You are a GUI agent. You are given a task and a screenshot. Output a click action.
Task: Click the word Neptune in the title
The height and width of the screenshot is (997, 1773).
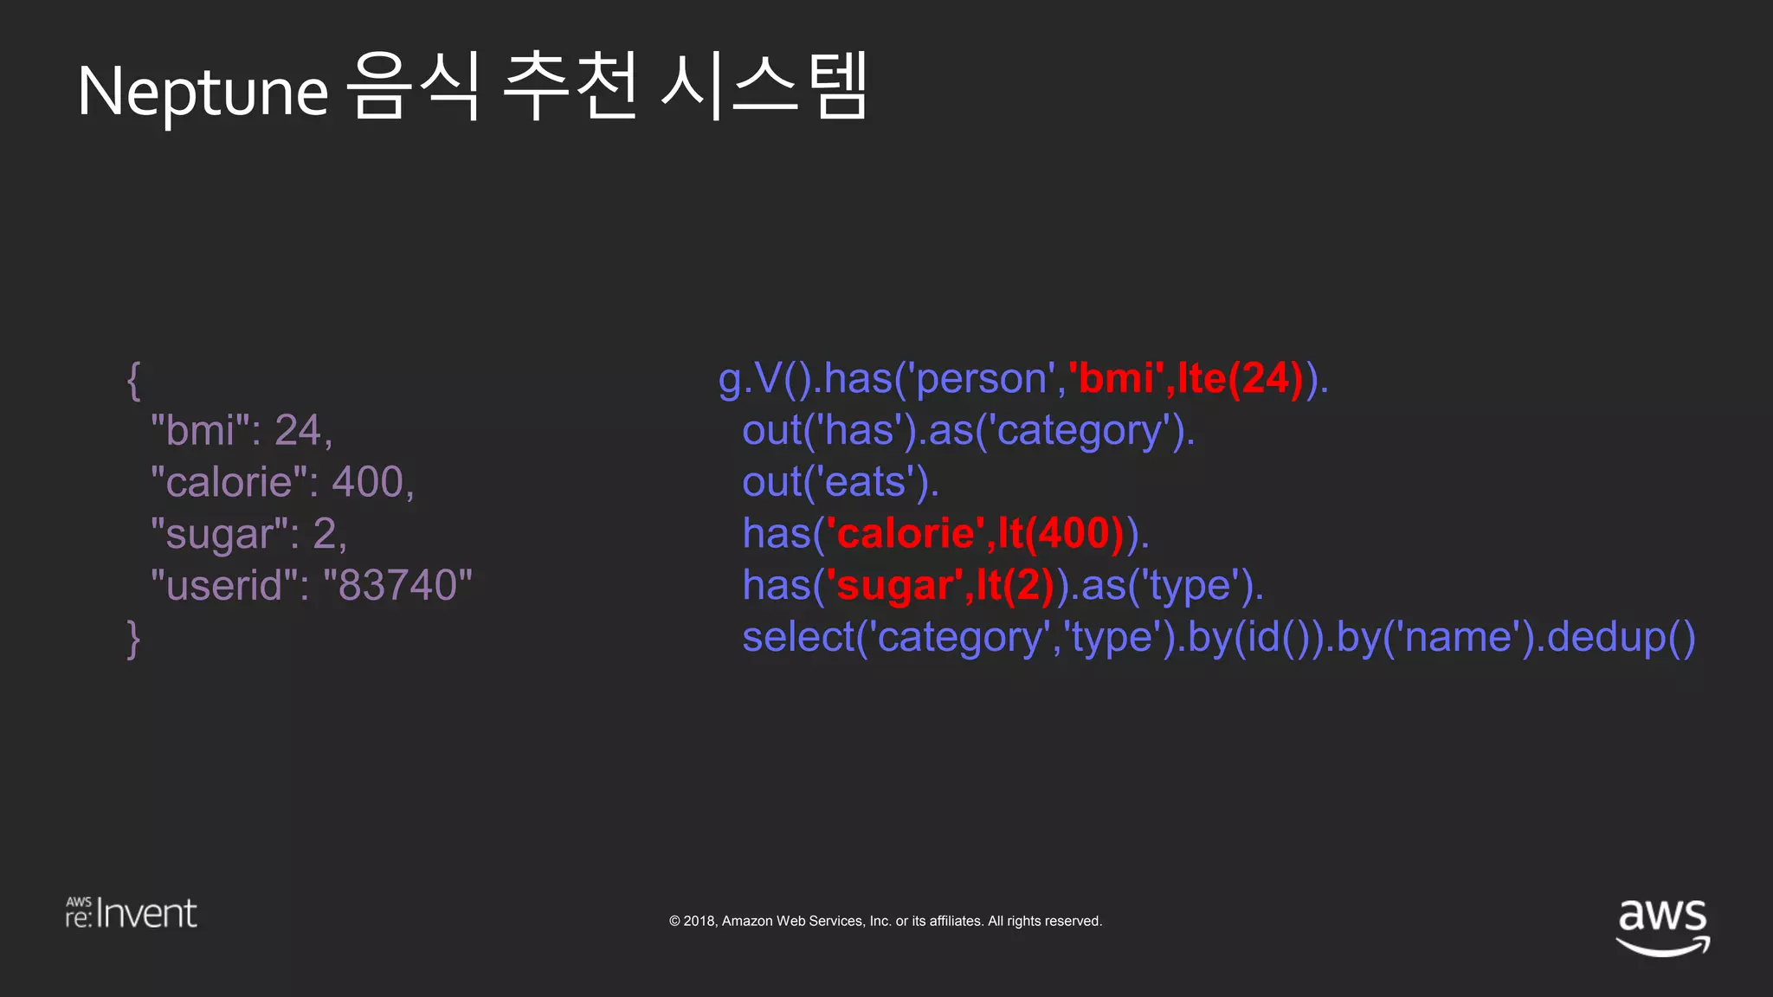pyautogui.click(x=203, y=92)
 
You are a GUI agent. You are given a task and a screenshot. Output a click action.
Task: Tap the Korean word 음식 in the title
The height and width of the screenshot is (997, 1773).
pyautogui.click(x=413, y=87)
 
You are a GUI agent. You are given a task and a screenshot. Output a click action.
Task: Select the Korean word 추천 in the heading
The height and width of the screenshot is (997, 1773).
pyautogui.click(x=570, y=87)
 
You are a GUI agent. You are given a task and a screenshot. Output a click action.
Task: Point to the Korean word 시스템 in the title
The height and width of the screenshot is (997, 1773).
pyautogui.click(x=764, y=87)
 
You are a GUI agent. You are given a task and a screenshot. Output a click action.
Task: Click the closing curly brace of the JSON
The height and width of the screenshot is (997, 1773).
pyautogui.click(x=133, y=639)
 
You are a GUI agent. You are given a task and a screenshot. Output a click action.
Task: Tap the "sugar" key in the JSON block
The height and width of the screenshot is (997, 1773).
pyautogui.click(x=220, y=534)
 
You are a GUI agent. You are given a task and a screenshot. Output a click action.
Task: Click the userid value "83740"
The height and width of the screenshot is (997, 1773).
pyautogui.click(x=397, y=586)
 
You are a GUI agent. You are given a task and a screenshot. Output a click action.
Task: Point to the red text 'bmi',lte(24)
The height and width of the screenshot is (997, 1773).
pyautogui.click(x=1186, y=378)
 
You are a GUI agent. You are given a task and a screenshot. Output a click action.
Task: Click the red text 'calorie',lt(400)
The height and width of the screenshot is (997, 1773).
pyautogui.click(x=976, y=533)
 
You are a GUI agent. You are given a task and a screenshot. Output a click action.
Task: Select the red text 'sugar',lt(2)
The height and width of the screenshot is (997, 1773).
pyautogui.click(x=940, y=585)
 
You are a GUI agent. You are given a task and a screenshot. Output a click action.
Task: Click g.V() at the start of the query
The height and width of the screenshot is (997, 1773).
pyautogui.click(x=764, y=379)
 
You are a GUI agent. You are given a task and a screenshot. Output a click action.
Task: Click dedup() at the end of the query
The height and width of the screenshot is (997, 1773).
pyautogui.click(x=1621, y=638)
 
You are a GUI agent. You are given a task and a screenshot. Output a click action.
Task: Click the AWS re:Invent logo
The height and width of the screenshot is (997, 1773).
pyautogui.click(x=132, y=913)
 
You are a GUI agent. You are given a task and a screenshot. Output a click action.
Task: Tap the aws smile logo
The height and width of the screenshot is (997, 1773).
pyautogui.click(x=1662, y=926)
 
